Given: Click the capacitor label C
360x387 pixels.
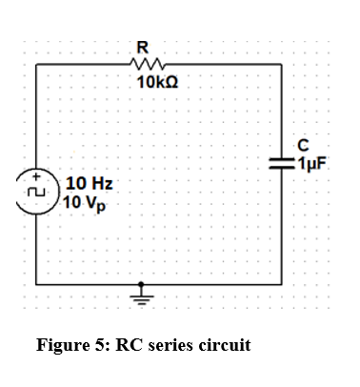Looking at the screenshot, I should (303, 147).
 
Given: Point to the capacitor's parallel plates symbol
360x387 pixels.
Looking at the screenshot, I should (282, 164).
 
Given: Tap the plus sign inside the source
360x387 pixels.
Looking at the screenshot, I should (37, 178).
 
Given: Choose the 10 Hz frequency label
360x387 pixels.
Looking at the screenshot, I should (86, 183).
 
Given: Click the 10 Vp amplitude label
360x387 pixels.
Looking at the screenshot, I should (85, 201).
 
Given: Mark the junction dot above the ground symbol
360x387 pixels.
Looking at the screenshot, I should (143, 283).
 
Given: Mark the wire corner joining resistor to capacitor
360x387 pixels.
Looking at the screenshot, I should (282, 64).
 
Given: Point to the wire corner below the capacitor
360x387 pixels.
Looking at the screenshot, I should (282, 283).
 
